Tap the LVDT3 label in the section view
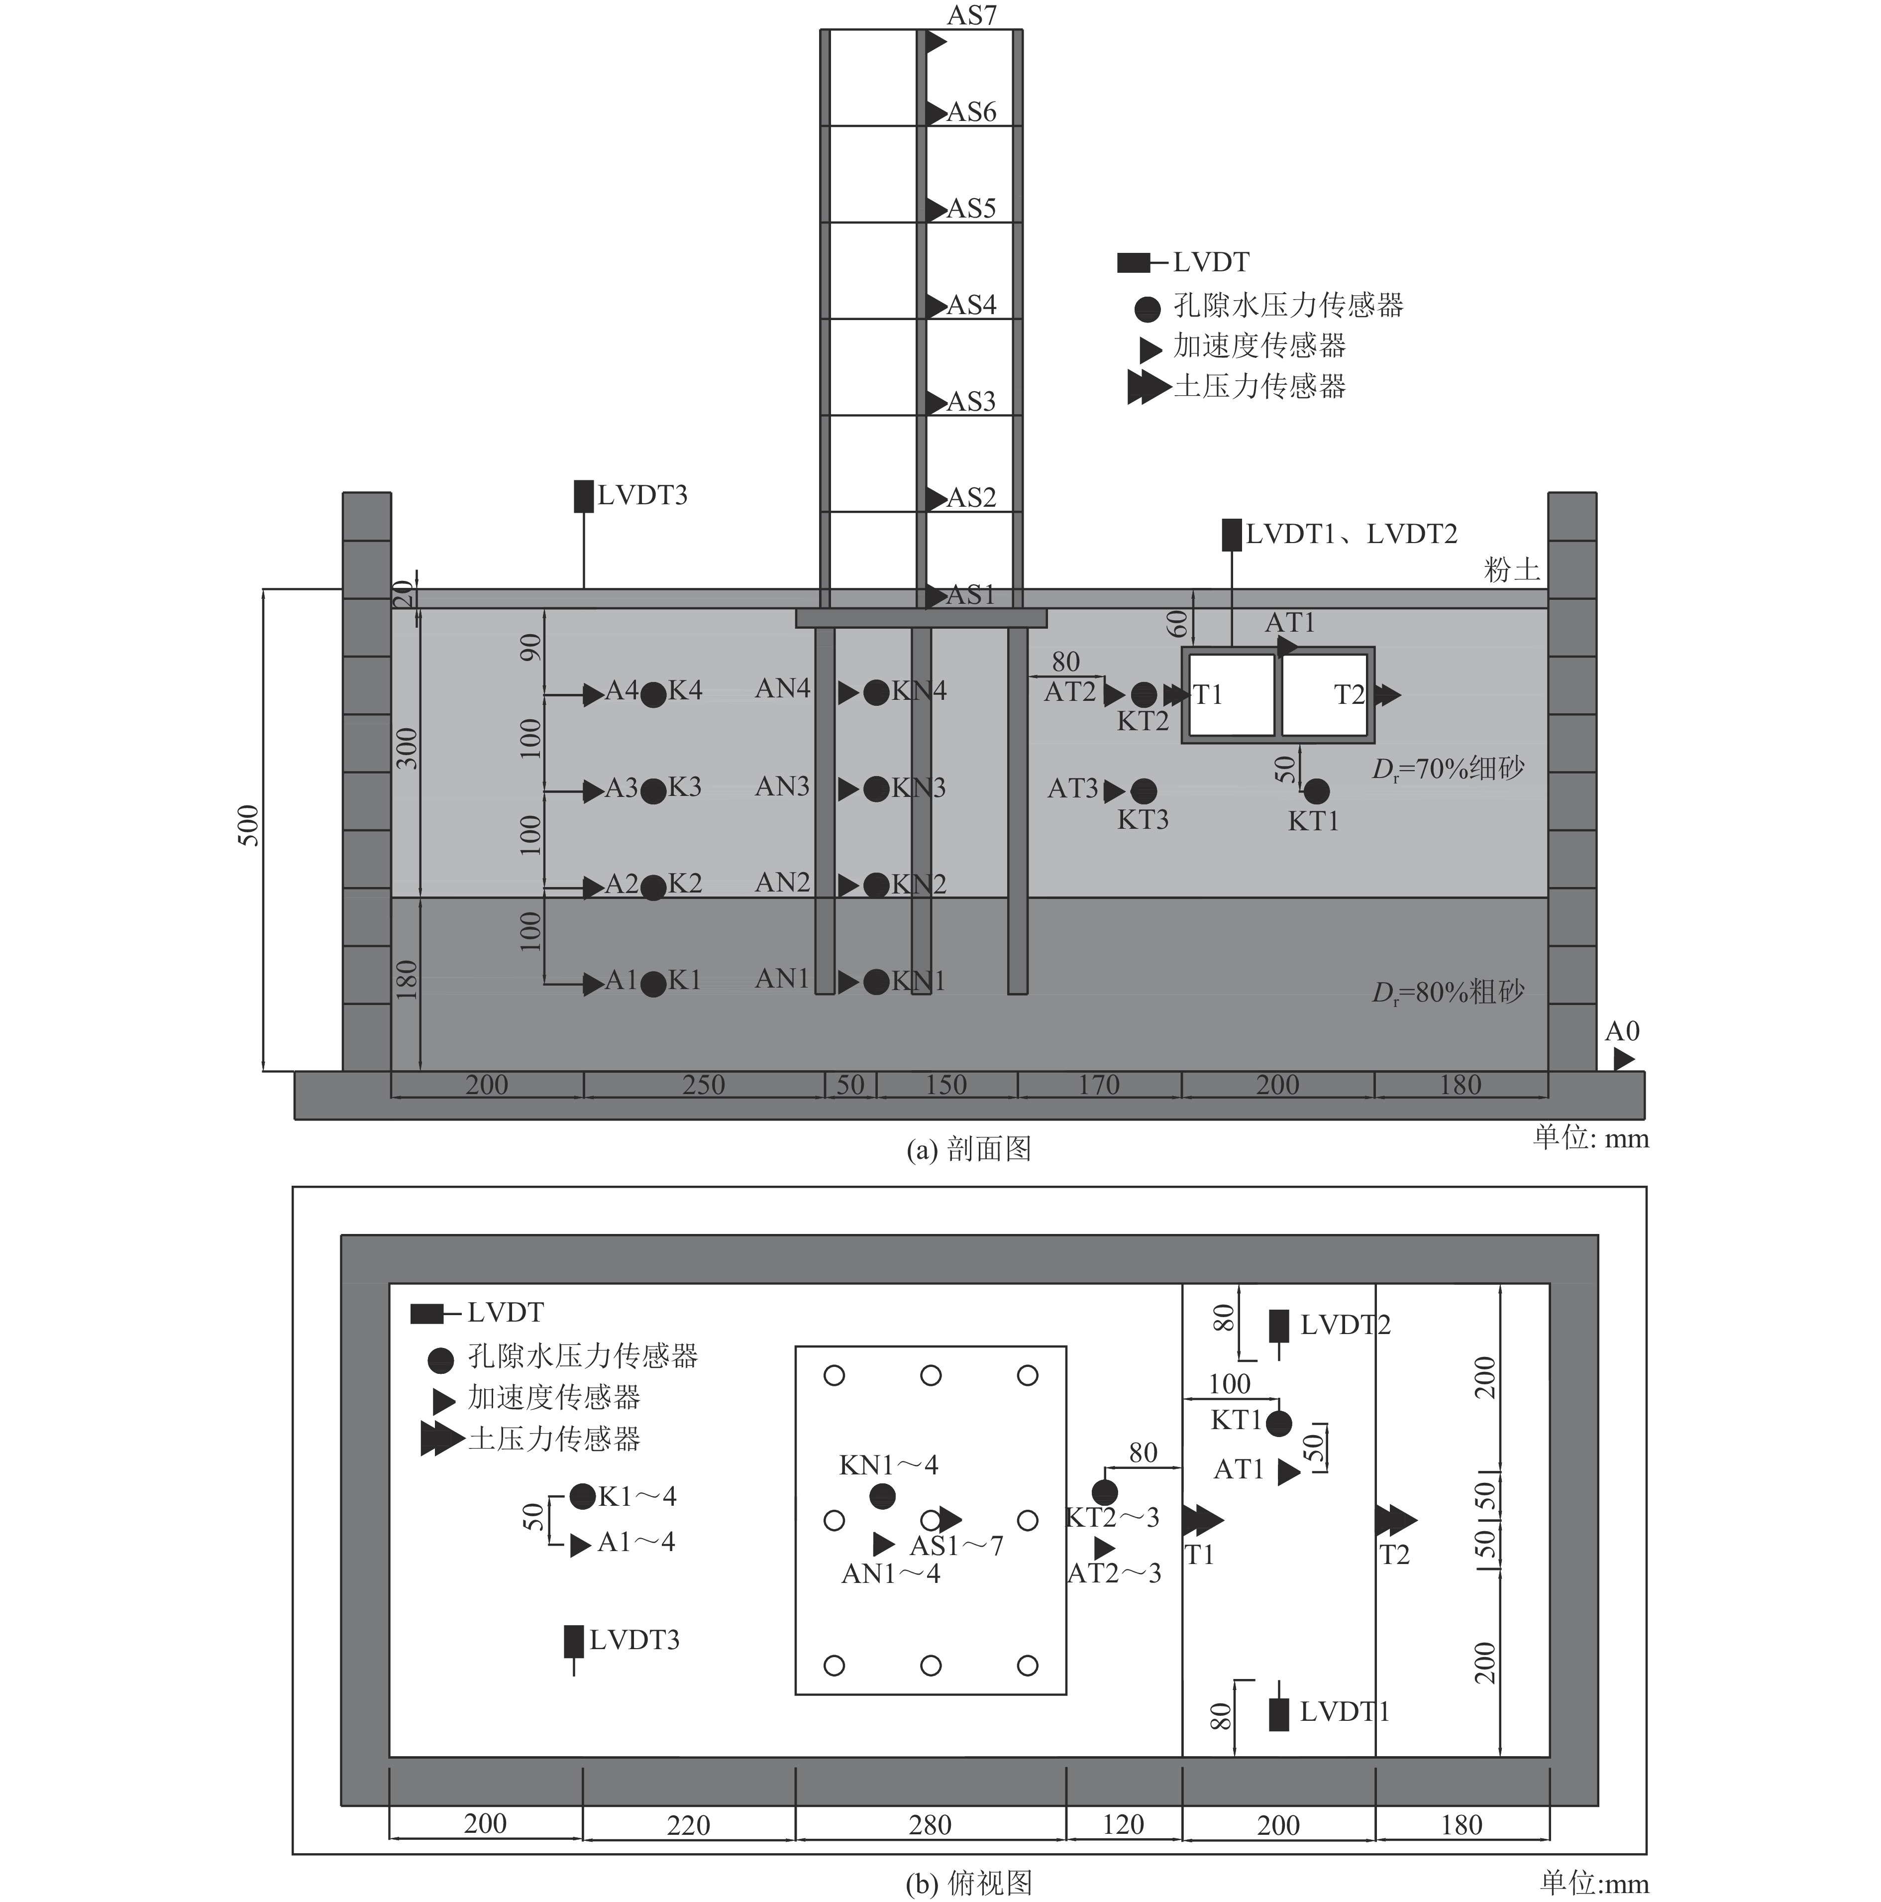(x=642, y=495)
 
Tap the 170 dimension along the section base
(x=1098, y=1085)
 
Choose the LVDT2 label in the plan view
(x=1346, y=1325)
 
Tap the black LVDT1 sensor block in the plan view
(x=1278, y=1714)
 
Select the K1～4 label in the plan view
(x=637, y=1496)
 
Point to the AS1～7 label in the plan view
(x=956, y=1546)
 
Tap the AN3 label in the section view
(x=783, y=786)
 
